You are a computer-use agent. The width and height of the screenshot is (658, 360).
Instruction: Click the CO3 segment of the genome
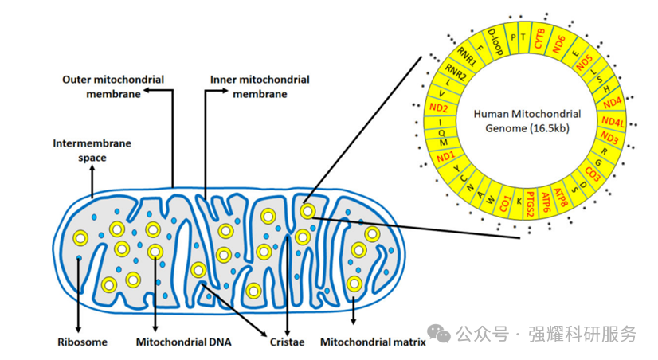pos(593,171)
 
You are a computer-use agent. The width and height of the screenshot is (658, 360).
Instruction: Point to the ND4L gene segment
pos(613,121)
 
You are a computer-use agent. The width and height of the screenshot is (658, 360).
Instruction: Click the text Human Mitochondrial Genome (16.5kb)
pos(527,119)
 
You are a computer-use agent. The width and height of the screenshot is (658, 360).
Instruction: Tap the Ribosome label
pos(82,342)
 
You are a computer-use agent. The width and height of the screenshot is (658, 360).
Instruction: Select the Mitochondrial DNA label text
pos(183,342)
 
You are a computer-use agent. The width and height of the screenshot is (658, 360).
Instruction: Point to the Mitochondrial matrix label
pos(373,342)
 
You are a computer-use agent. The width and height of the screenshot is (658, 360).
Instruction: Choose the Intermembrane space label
pos(92,151)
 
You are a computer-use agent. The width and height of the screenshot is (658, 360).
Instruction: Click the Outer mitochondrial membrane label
pos(113,87)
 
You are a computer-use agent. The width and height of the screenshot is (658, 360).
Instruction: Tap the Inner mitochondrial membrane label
pos(260,87)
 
